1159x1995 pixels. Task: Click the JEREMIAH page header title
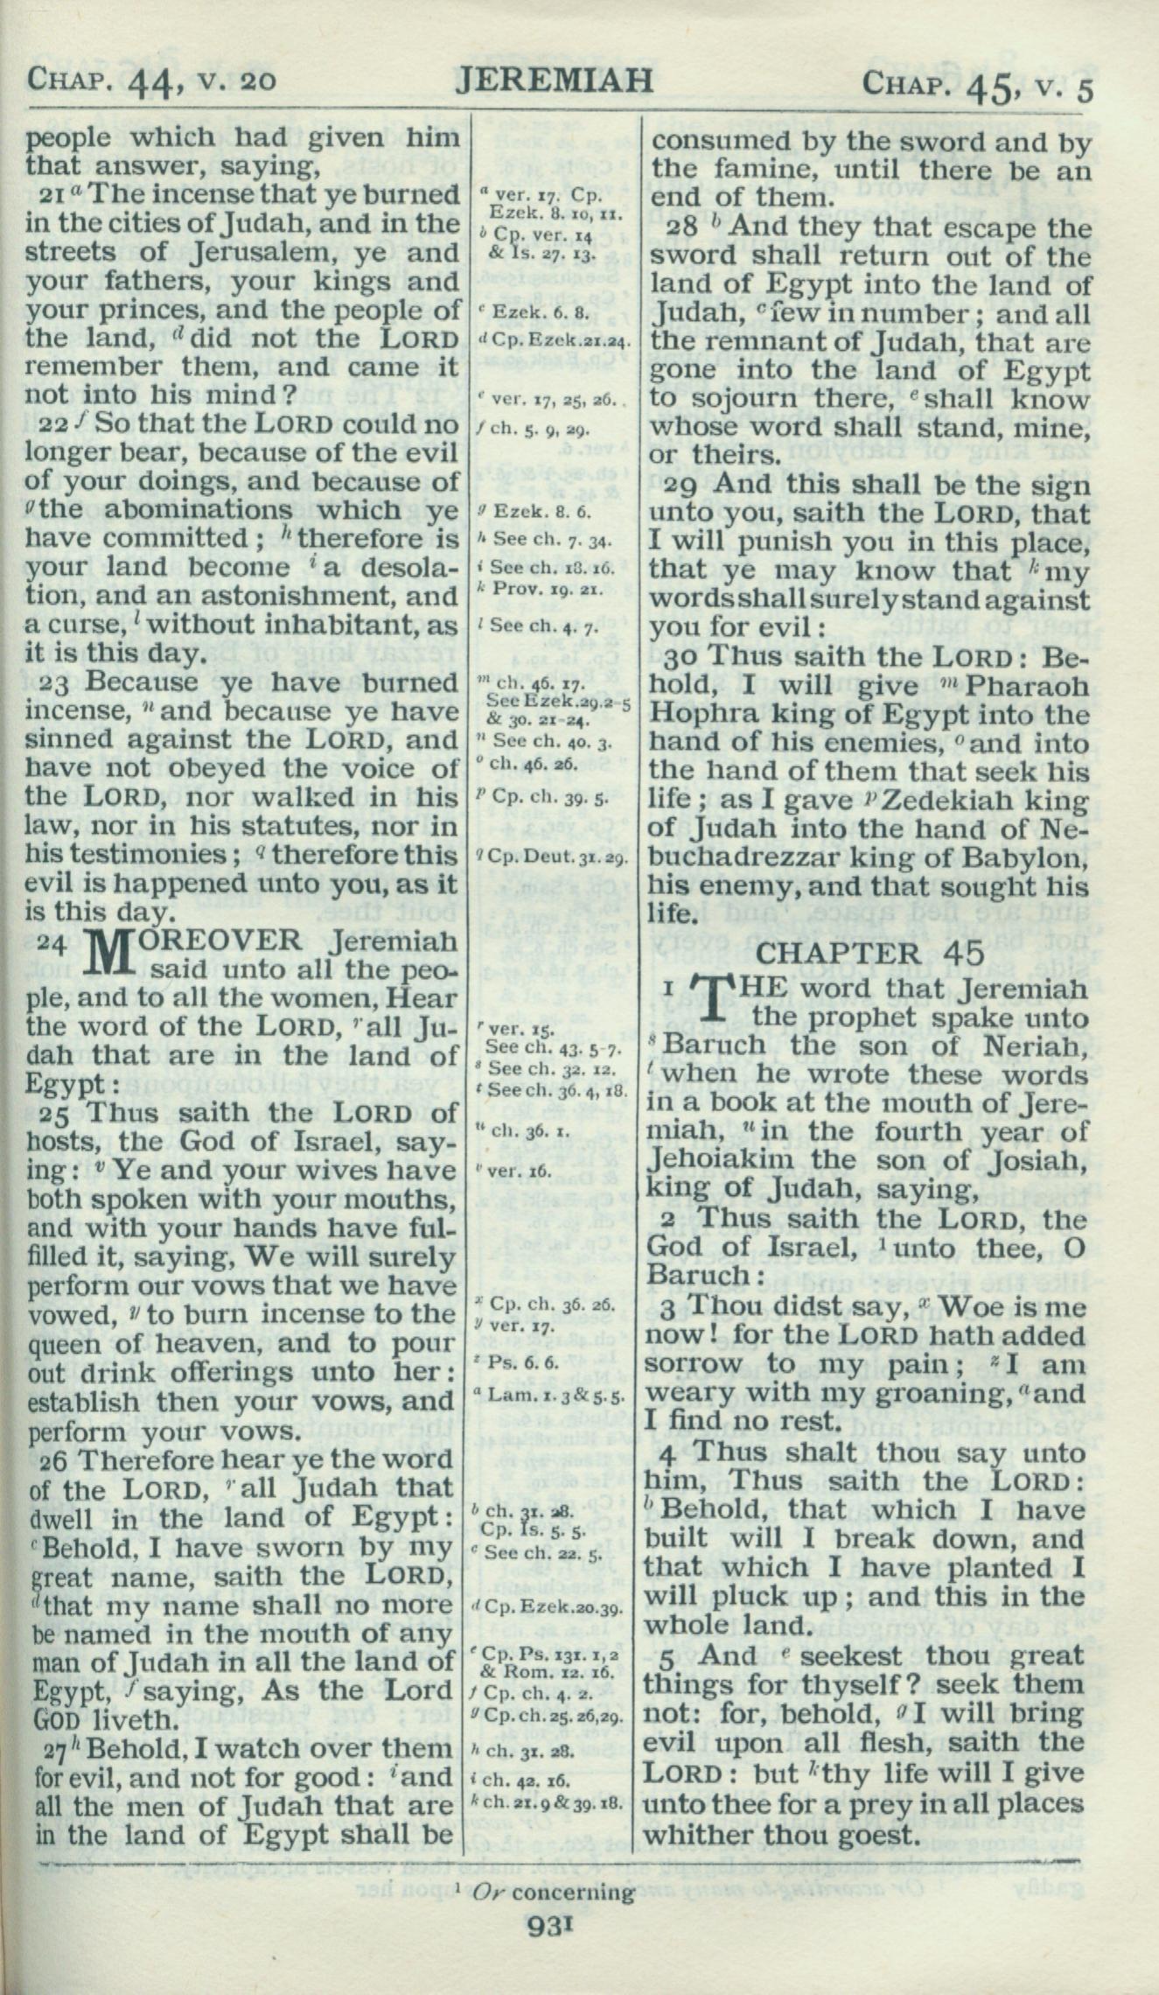pos(555,80)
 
